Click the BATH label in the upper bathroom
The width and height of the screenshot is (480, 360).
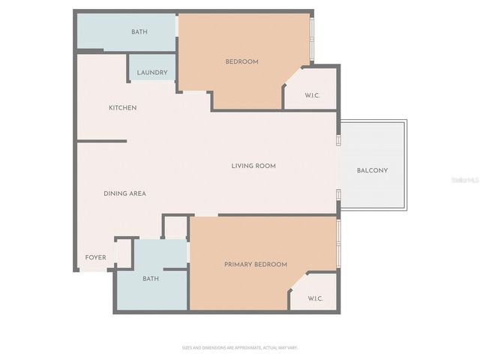point(139,32)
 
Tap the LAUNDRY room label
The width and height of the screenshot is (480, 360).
point(152,73)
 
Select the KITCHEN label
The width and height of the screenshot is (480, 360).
point(123,108)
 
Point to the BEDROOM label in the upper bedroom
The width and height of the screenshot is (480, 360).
point(241,61)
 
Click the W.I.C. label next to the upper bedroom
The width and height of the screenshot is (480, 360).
point(313,94)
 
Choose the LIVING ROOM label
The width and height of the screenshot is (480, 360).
point(253,166)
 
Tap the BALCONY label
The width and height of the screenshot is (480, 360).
point(372,170)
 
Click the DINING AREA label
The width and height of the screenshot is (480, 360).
point(124,193)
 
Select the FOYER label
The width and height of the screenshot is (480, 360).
point(95,258)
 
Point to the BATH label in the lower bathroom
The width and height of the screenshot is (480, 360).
point(151,279)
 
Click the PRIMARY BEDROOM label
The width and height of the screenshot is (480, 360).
point(256,265)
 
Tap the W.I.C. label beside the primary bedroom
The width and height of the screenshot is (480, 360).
point(315,298)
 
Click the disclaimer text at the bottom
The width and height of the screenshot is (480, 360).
point(240,347)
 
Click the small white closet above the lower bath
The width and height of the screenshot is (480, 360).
point(175,227)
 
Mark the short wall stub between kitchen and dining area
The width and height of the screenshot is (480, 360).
point(102,140)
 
